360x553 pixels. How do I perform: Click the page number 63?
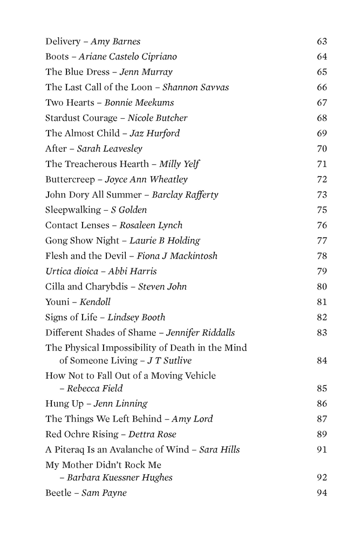coord(322,41)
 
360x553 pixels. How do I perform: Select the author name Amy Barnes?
coord(116,41)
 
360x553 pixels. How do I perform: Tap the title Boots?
coord(57,56)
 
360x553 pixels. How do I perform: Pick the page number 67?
coord(322,103)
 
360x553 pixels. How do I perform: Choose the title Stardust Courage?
coord(81,118)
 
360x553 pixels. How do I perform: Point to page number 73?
coord(322,194)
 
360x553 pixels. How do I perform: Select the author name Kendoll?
coord(95,302)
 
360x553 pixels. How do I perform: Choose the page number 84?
coord(322,360)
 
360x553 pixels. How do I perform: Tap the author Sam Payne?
coord(104,493)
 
